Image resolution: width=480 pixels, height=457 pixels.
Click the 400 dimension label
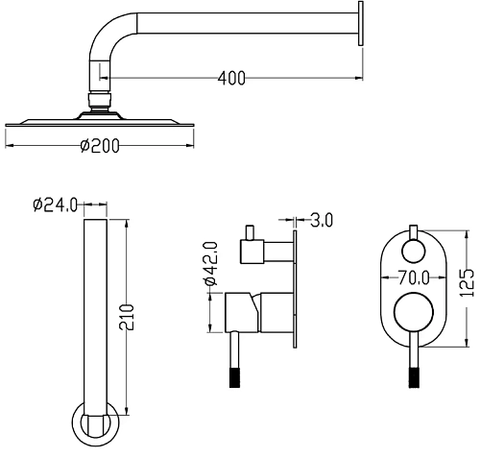(x=231, y=78)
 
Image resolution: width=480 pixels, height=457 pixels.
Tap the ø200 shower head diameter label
(x=100, y=146)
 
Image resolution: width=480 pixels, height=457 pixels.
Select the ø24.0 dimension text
(x=55, y=204)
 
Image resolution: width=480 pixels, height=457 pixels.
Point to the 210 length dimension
(x=126, y=318)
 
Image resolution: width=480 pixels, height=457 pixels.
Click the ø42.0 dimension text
(x=210, y=263)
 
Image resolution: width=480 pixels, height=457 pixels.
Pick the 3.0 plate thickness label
(x=322, y=221)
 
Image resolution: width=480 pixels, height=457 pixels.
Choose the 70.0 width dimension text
(x=414, y=277)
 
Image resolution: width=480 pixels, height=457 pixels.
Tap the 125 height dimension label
(x=467, y=283)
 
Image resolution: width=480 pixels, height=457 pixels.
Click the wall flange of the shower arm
(x=360, y=23)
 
